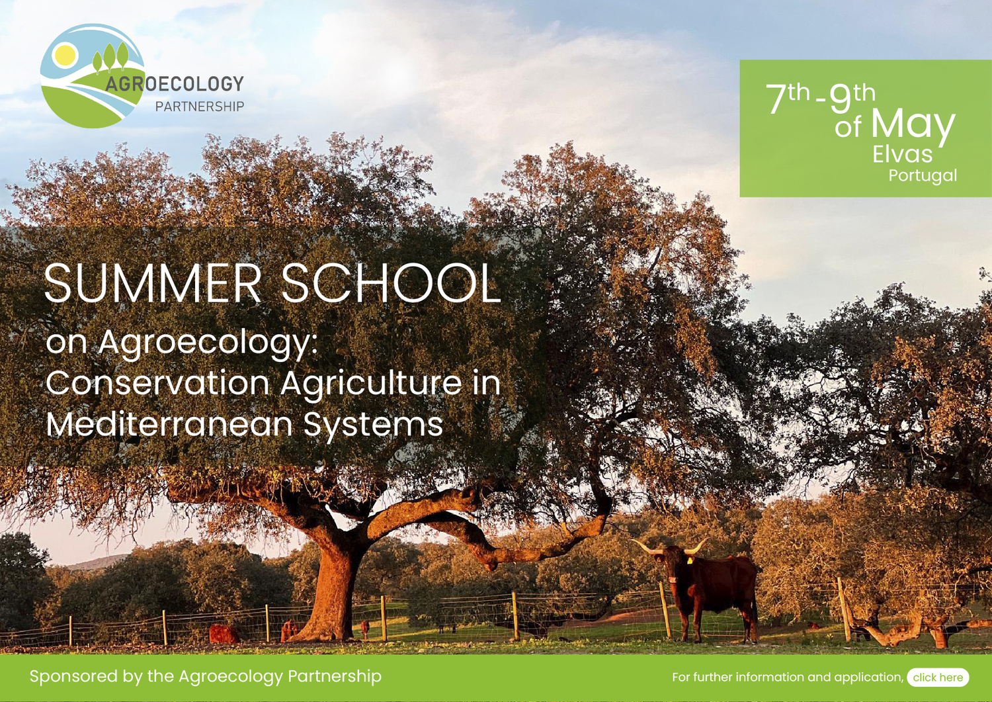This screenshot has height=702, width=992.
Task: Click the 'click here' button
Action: (x=937, y=677)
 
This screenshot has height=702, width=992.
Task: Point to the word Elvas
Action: (x=902, y=154)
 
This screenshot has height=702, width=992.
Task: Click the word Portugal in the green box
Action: (x=922, y=175)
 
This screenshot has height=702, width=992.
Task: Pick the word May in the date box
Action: (x=913, y=124)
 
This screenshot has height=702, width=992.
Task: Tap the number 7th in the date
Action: (x=787, y=97)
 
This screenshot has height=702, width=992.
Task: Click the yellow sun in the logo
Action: (x=65, y=55)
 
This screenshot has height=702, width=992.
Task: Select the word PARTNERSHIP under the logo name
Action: (x=199, y=107)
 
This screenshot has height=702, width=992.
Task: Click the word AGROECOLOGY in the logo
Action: (x=175, y=84)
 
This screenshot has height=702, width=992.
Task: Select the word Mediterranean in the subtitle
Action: (x=169, y=424)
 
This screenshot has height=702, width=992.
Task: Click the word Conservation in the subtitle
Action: (x=157, y=383)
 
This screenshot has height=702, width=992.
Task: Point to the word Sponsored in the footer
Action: (x=73, y=676)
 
